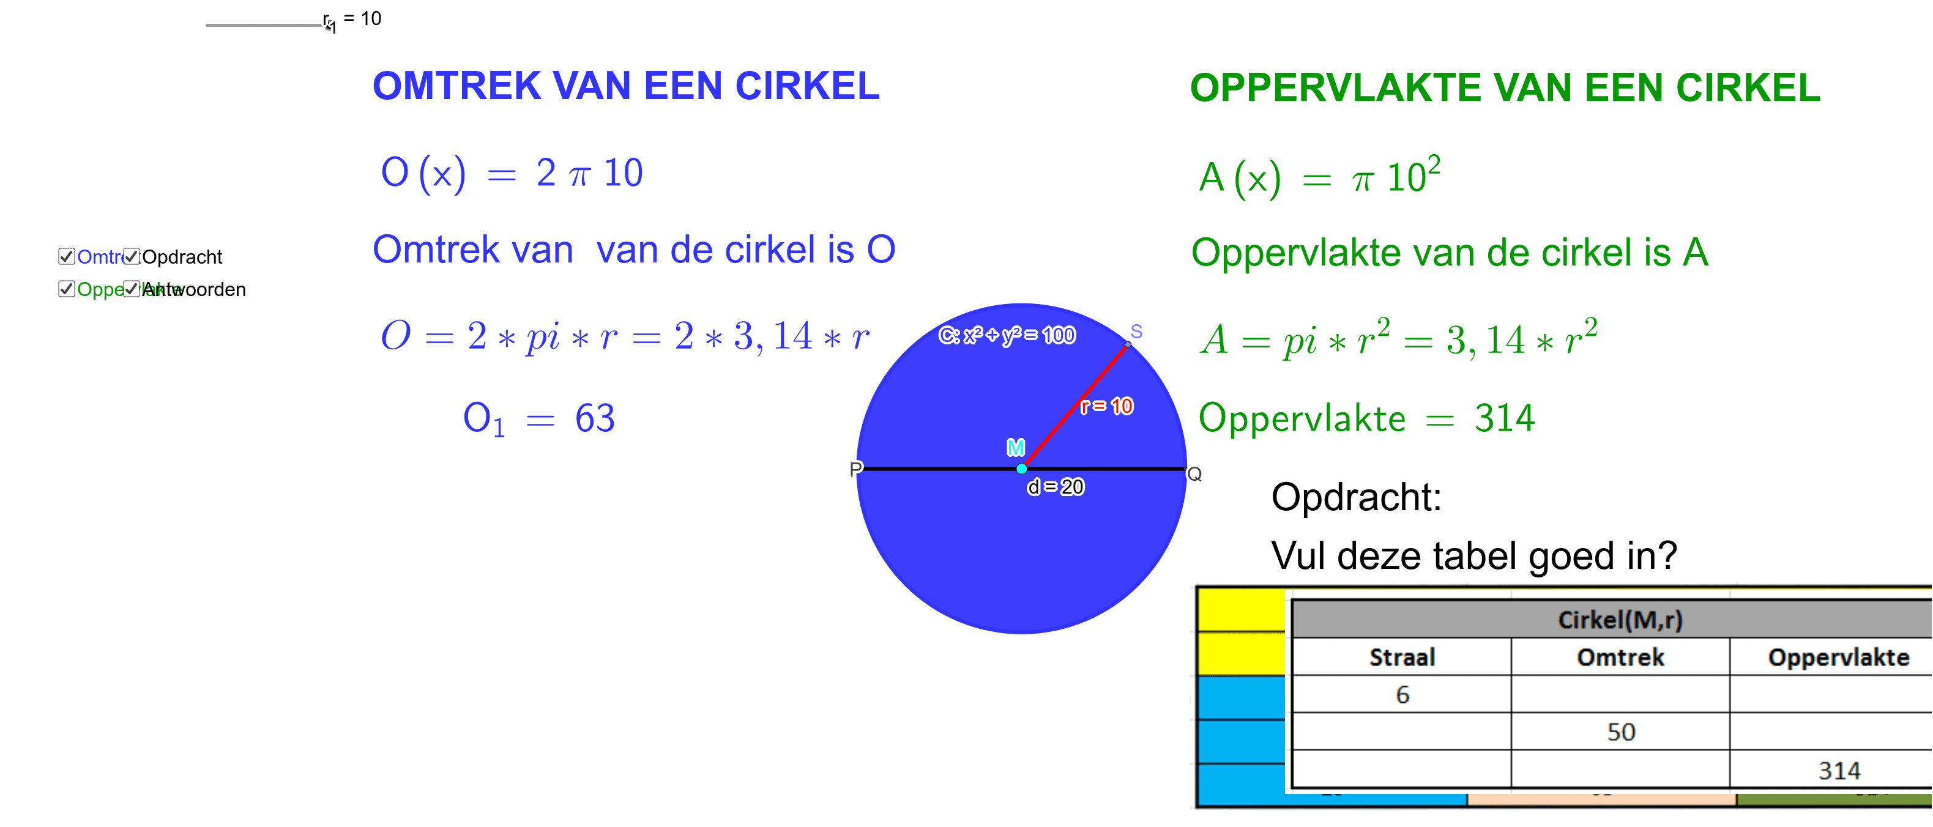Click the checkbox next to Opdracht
[x=132, y=257]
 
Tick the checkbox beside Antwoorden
[x=132, y=289]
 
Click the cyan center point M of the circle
[x=1021, y=469]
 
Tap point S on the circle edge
[x=1127, y=344]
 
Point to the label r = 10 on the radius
[x=1107, y=406]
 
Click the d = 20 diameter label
[x=1056, y=487]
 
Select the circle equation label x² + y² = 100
[x=1007, y=335]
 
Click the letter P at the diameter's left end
[x=855, y=469]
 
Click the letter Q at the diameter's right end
[x=1194, y=474]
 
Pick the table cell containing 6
[x=1402, y=694]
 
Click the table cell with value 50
[x=1621, y=732]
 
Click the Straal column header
[x=1402, y=658]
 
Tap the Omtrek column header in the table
[x=1621, y=658]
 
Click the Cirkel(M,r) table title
[x=1621, y=620]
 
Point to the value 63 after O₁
[x=594, y=418]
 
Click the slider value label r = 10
[x=362, y=19]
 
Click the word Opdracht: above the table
[x=1356, y=497]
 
